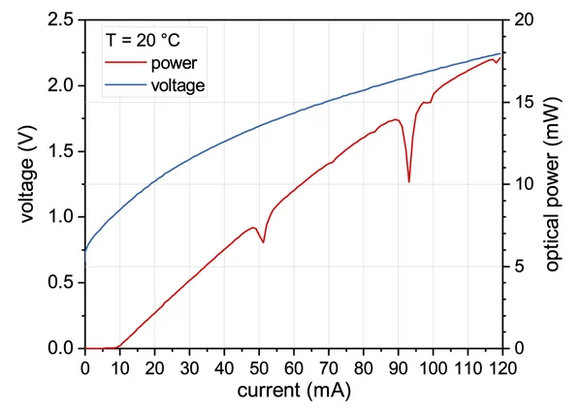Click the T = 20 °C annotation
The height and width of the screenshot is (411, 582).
[x=142, y=43]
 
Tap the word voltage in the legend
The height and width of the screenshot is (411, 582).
[x=178, y=84]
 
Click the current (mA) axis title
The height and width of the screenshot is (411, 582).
[x=294, y=391]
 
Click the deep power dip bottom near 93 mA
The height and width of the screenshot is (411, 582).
[x=409, y=181]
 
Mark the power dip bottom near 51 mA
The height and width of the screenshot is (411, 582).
[x=263, y=242]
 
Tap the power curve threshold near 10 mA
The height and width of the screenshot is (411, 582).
[x=118, y=346]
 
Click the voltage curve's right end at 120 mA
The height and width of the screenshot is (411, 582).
[x=501, y=53]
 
